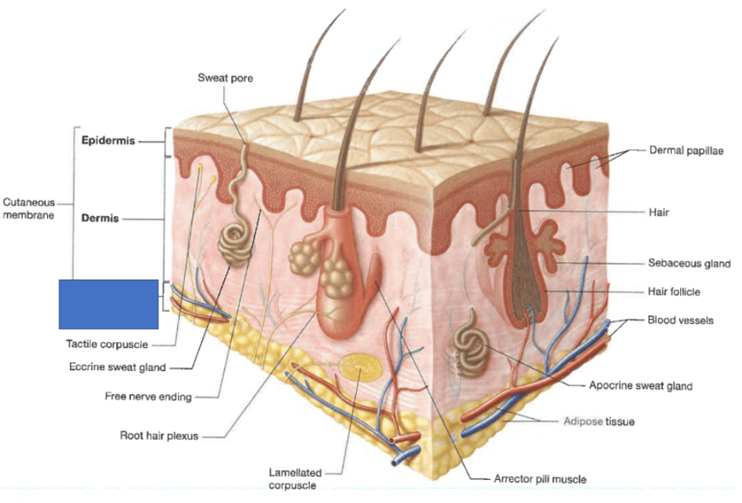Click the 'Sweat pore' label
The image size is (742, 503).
225,78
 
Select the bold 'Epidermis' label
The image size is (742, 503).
108,140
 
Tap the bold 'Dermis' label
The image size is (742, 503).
100,219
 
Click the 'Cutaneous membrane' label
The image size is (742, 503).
29,208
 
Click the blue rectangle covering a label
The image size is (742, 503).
108,304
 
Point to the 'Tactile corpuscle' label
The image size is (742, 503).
107,344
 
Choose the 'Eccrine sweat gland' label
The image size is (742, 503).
117,367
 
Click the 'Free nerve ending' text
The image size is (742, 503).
148,397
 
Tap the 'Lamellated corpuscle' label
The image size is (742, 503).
294,478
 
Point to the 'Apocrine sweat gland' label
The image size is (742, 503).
641,385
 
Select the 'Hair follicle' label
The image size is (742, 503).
674,292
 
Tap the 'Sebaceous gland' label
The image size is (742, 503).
689,264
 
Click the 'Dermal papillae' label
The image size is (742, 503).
687,151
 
